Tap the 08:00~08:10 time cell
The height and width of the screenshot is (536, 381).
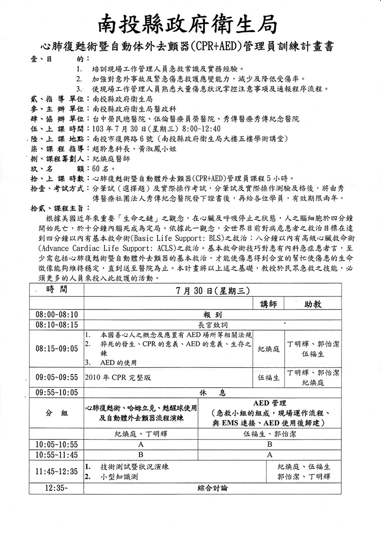pyautogui.click(x=57, y=315)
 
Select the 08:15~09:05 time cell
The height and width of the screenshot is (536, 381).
pyautogui.click(x=57, y=348)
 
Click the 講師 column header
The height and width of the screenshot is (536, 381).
pyautogui.click(x=268, y=304)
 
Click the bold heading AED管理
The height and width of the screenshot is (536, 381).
pyautogui.click(x=270, y=403)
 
